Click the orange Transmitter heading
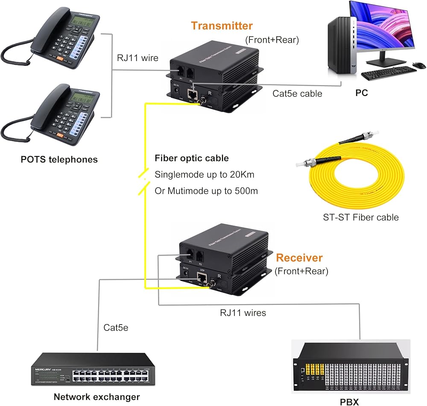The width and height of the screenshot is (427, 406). [x=222, y=26]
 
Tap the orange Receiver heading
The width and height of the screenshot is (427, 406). [x=299, y=258]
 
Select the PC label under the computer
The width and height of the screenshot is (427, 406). [x=361, y=93]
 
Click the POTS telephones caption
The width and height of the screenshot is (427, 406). [x=59, y=159]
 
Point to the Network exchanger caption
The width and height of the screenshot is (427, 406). [x=97, y=397]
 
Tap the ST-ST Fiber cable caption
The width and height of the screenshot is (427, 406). [x=361, y=217]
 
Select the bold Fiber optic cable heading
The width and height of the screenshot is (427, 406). [x=192, y=158]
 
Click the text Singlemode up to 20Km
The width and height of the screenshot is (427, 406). [x=205, y=174]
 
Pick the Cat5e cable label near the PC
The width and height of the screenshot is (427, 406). [x=297, y=93]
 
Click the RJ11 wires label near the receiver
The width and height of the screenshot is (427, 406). [x=243, y=313]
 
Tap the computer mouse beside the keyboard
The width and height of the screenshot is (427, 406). [x=419, y=65]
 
